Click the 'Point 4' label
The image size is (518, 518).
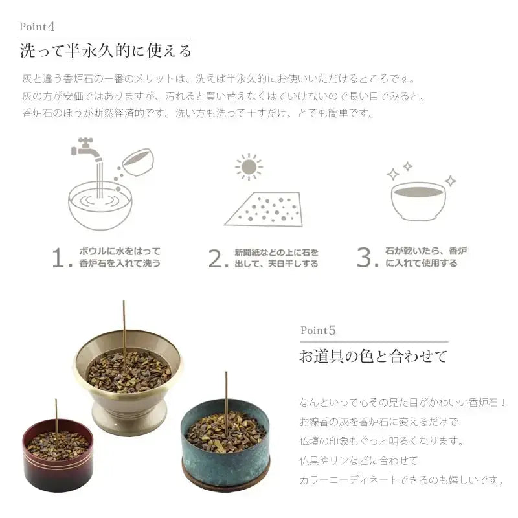coord(37,27)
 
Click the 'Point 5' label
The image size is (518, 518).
coord(318,330)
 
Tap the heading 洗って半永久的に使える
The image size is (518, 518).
coord(106,51)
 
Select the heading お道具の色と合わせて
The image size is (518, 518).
coord(374,356)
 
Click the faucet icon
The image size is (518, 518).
coord(87,150)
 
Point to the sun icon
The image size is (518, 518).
coord(249,167)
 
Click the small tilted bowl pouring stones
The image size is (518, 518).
coord(138,161)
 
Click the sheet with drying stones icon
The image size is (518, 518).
coord(264,209)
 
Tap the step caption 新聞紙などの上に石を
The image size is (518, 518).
coord(276,253)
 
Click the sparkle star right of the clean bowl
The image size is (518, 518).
coord(450,181)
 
